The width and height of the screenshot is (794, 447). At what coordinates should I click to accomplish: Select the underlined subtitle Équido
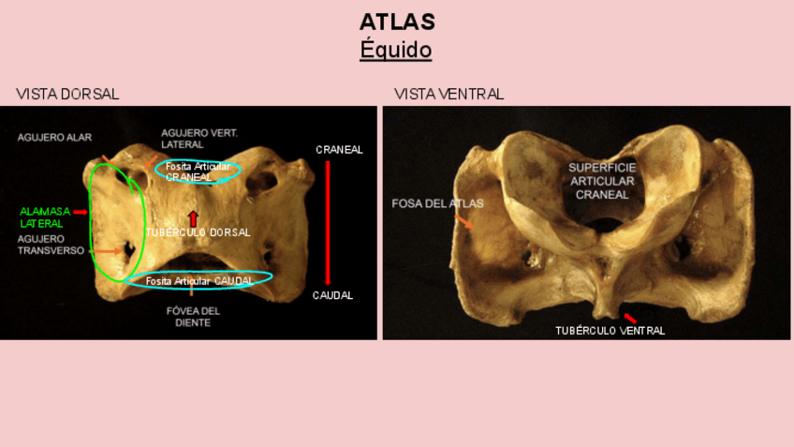point(396,50)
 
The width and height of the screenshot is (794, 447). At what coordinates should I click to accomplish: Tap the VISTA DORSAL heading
point(67,95)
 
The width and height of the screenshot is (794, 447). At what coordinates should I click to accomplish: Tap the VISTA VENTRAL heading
point(448,95)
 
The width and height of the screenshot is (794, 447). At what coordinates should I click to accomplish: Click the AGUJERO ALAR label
point(54,137)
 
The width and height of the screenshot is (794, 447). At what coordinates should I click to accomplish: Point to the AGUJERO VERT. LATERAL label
point(198,139)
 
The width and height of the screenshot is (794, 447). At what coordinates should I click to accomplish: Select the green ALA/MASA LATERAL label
point(44,217)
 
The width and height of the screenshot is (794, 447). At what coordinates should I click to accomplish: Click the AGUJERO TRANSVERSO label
point(51,245)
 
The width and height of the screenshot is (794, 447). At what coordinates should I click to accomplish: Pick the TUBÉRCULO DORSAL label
point(198,232)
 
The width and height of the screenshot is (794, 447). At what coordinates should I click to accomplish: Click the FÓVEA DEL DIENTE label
point(192,317)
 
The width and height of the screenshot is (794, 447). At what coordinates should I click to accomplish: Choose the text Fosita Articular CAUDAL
point(199,280)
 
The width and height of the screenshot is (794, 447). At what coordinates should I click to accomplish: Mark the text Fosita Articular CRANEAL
point(198,171)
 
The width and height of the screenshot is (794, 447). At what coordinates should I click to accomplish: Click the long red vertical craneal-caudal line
point(328,222)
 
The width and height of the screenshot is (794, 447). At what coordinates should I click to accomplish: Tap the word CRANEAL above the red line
point(339,150)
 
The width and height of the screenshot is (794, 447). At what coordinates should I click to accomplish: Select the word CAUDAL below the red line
point(332,295)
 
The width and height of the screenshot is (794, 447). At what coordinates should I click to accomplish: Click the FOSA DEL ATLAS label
point(437,203)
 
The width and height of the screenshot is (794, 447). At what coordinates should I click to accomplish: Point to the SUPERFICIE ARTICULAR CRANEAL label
point(602,181)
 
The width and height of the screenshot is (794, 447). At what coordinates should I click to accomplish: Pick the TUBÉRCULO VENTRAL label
point(610,331)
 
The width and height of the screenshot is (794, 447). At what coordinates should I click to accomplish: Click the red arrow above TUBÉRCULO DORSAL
point(193,218)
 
